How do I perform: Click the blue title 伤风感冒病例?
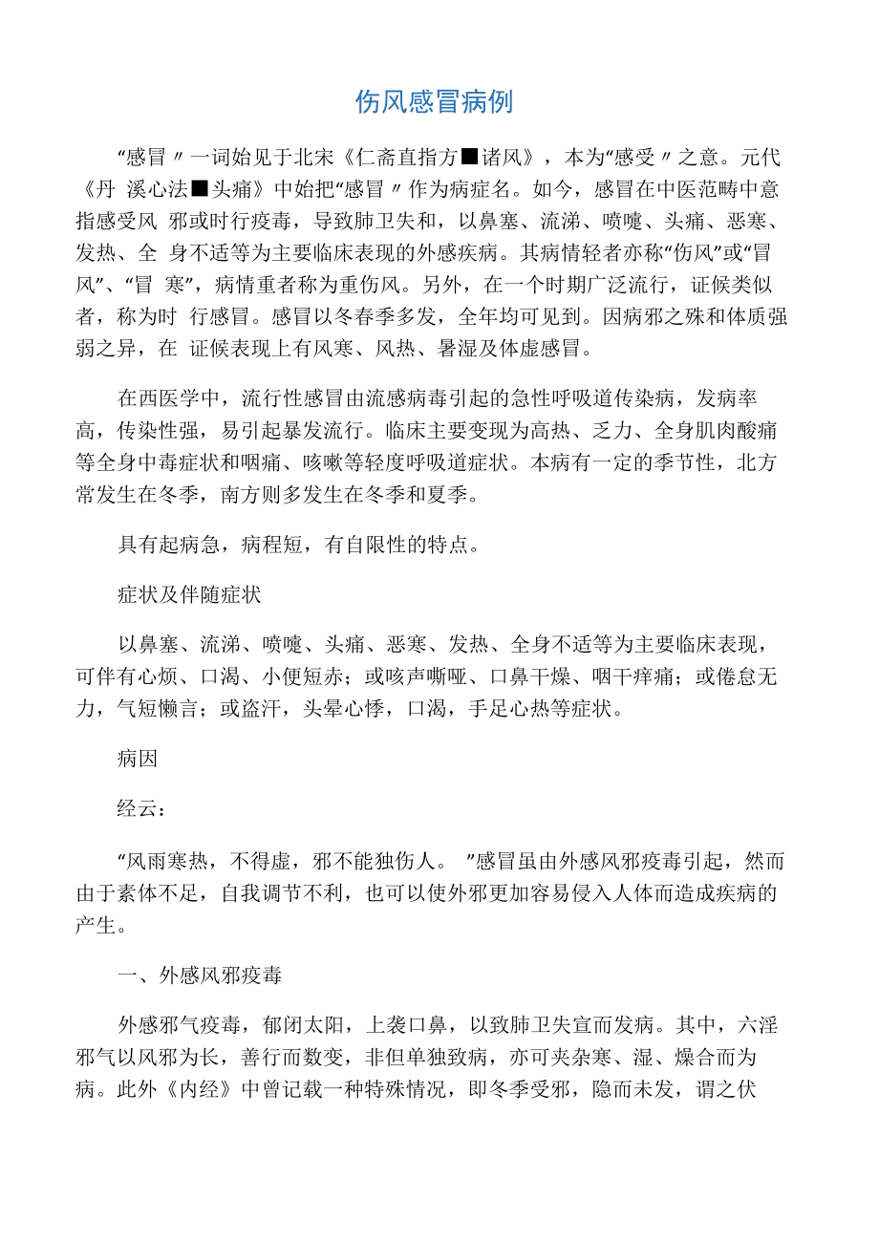point(435,101)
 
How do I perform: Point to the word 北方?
point(760,461)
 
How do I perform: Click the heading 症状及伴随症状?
point(189,594)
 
